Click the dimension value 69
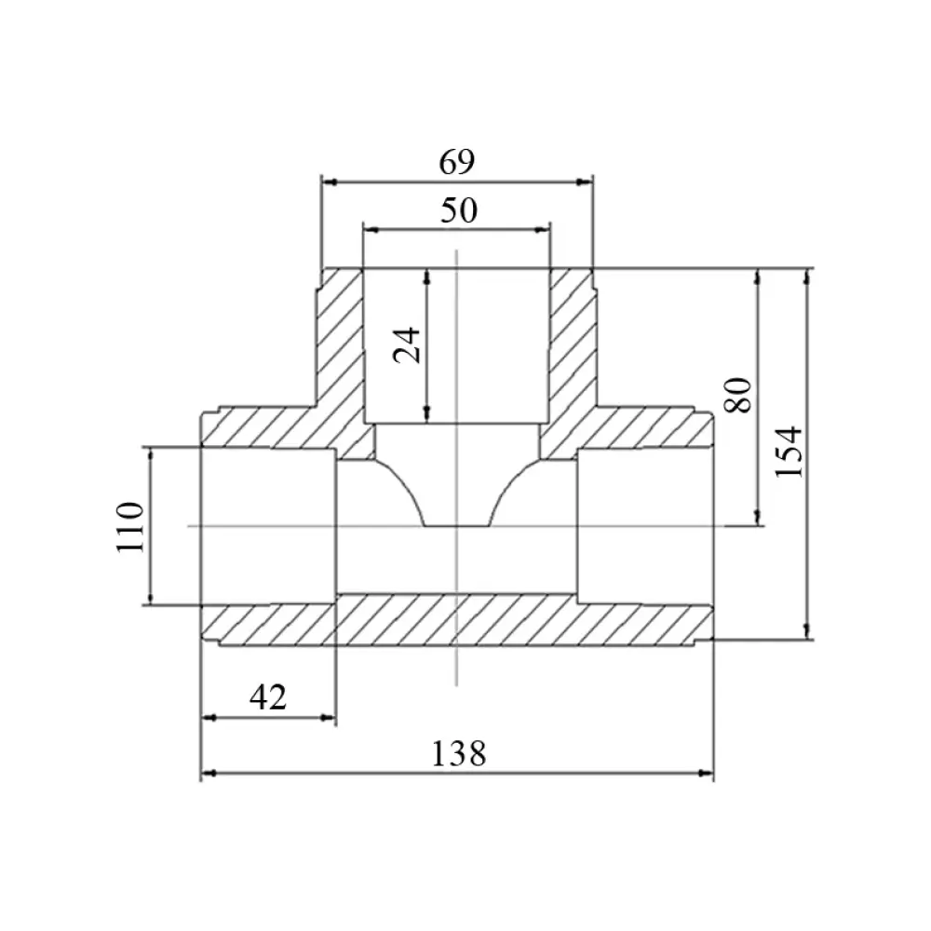click(456, 161)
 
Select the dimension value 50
click(459, 210)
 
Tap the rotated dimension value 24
click(408, 345)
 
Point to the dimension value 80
click(738, 395)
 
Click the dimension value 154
click(789, 452)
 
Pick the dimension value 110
click(130, 527)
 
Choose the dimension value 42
click(268, 697)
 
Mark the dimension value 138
click(458, 753)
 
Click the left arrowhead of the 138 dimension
click(208, 774)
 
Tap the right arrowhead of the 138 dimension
click(706, 774)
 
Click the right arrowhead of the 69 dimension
click(586, 182)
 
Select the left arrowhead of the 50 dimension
click(371, 230)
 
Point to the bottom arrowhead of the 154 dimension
click(806, 632)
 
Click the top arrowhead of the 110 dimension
click(150, 455)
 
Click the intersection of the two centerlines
click(456, 526)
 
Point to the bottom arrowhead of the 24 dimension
click(427, 415)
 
